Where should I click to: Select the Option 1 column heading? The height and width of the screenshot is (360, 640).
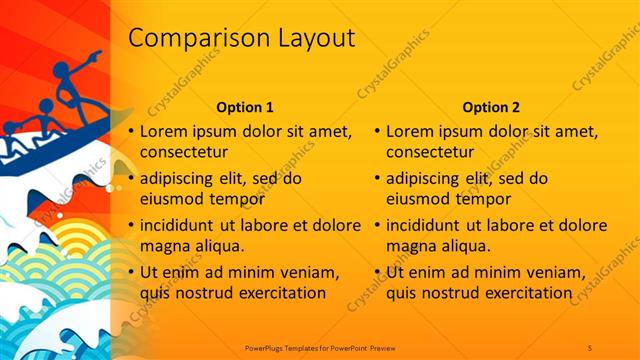tap(244, 107)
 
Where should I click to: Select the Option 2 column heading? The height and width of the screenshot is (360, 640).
tap(490, 107)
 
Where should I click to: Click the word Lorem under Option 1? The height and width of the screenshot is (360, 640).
tap(163, 131)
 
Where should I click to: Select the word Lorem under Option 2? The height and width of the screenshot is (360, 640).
tap(408, 131)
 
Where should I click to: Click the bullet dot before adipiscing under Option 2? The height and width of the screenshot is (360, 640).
tap(377, 179)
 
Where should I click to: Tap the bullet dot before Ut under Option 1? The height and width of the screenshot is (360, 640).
tap(131, 272)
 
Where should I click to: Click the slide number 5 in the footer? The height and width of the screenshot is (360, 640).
tap(590, 347)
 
